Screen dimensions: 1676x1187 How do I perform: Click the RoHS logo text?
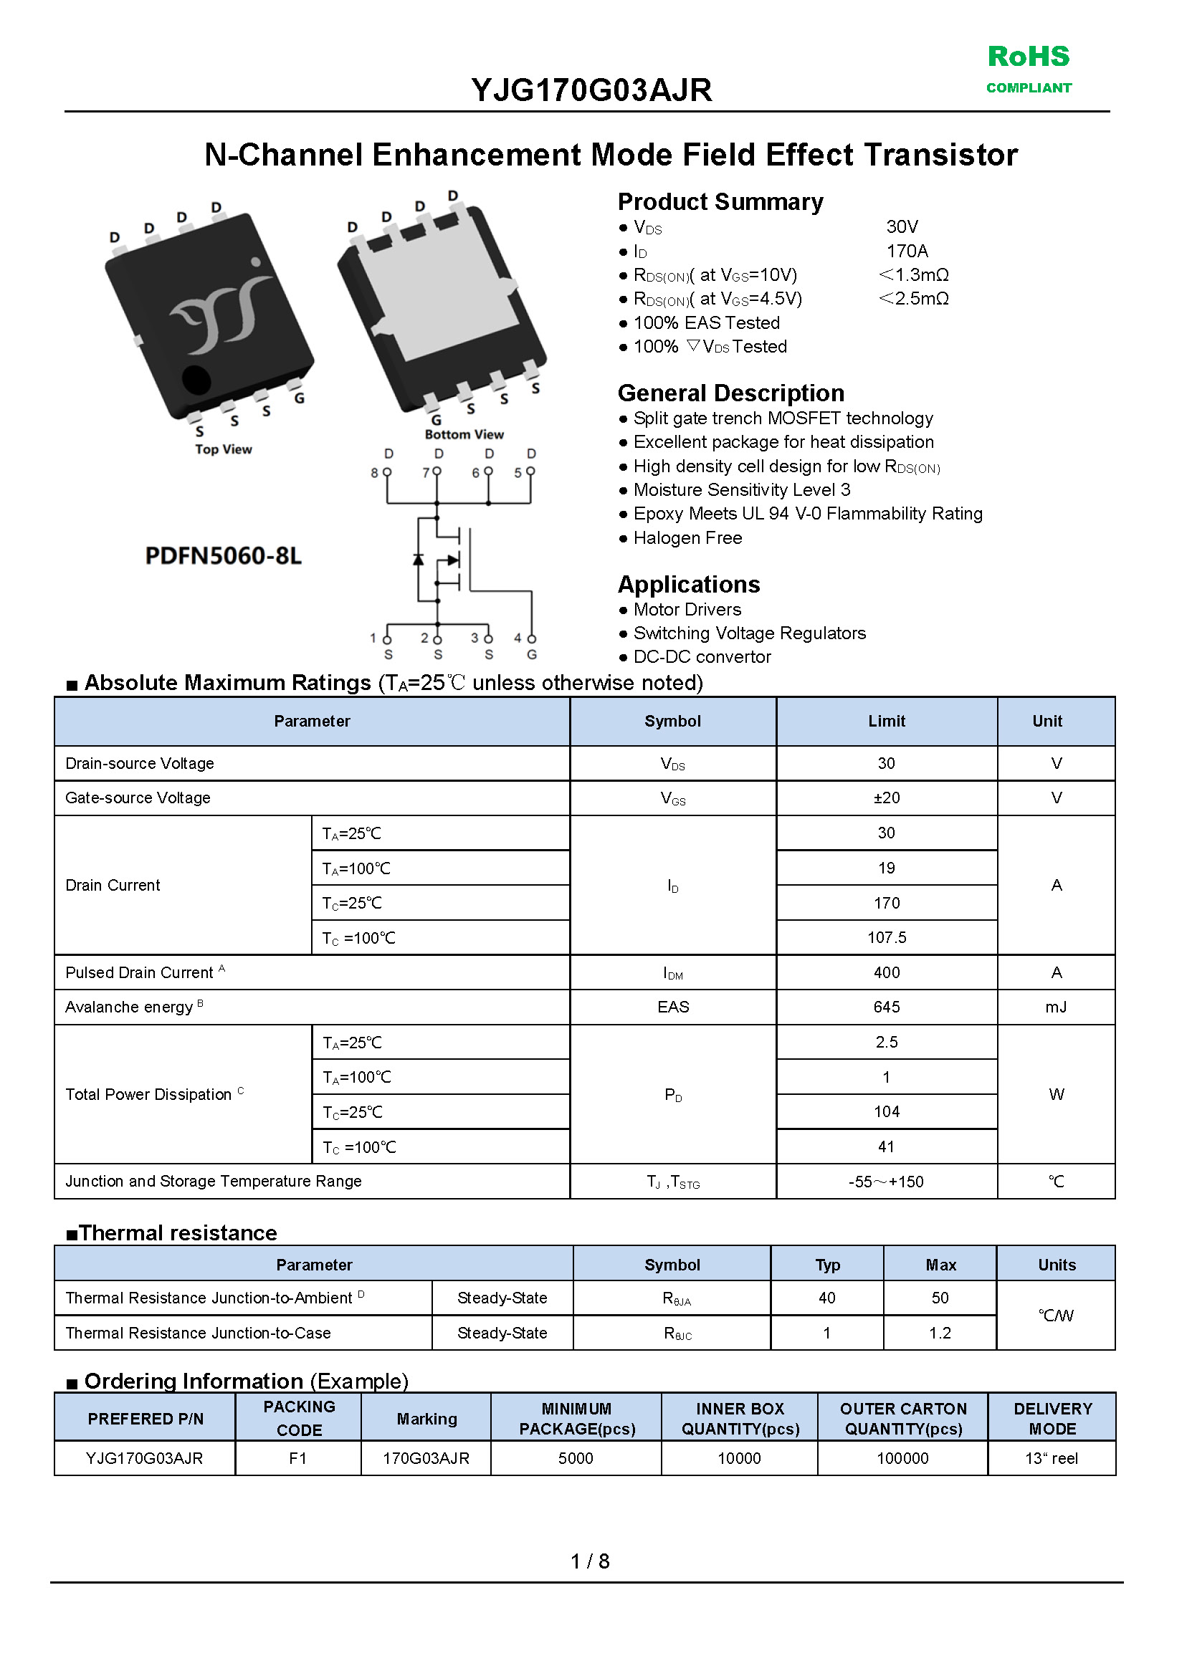(1029, 57)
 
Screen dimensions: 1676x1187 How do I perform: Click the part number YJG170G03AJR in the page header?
(591, 90)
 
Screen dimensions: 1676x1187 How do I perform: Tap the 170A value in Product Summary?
(906, 252)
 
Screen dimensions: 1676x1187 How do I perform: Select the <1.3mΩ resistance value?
(913, 275)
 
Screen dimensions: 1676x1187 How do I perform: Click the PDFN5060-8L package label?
(223, 556)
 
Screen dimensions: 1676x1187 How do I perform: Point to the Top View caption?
(223, 449)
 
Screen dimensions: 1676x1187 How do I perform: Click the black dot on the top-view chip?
(196, 379)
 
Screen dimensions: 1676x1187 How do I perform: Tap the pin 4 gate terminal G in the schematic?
(531, 654)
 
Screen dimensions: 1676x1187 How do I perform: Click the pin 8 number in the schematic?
(374, 474)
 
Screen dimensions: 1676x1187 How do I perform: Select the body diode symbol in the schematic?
(418, 560)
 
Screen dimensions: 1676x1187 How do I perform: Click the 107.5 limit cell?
(886, 937)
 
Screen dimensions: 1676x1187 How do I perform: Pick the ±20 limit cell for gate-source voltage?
(886, 798)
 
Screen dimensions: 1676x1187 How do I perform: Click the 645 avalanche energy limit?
(886, 1007)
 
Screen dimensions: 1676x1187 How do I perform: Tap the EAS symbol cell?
(672, 1007)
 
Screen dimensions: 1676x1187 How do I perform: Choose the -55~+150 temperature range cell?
(886, 1182)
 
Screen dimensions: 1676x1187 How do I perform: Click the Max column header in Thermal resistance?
(940, 1265)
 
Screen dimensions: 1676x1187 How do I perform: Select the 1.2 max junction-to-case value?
(940, 1333)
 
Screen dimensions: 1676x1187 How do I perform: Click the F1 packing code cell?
(297, 1458)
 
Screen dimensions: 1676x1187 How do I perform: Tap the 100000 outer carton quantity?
(902, 1458)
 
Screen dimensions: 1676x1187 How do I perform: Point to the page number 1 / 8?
(590, 1561)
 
